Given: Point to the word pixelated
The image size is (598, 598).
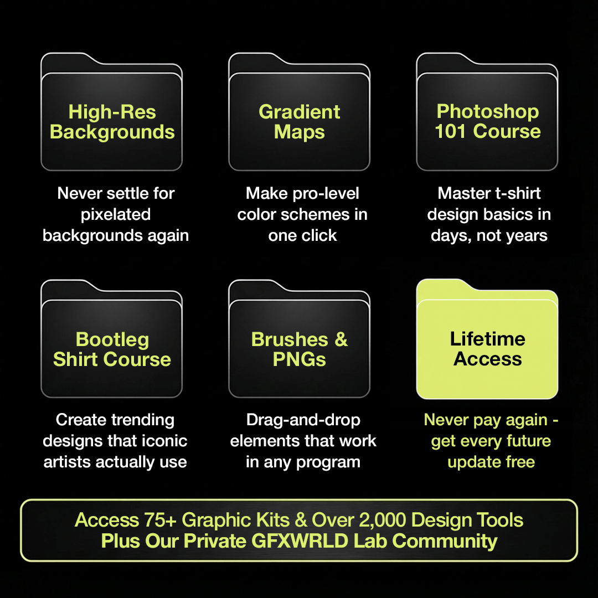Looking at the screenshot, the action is pyautogui.click(x=116, y=214).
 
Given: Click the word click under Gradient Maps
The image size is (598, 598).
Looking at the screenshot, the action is pyautogui.click(x=318, y=235).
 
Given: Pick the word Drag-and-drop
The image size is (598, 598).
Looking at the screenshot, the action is pyautogui.click(x=303, y=420).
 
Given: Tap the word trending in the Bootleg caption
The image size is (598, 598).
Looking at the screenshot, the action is pyautogui.click(x=142, y=420).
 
